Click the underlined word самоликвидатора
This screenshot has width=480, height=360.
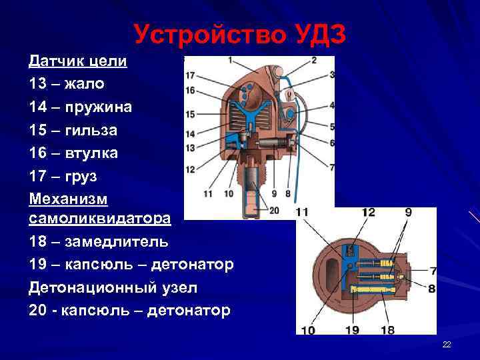coord(100,218)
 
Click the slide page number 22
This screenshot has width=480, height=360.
coord(447,344)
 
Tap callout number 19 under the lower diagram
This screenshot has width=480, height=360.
coord(352,329)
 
